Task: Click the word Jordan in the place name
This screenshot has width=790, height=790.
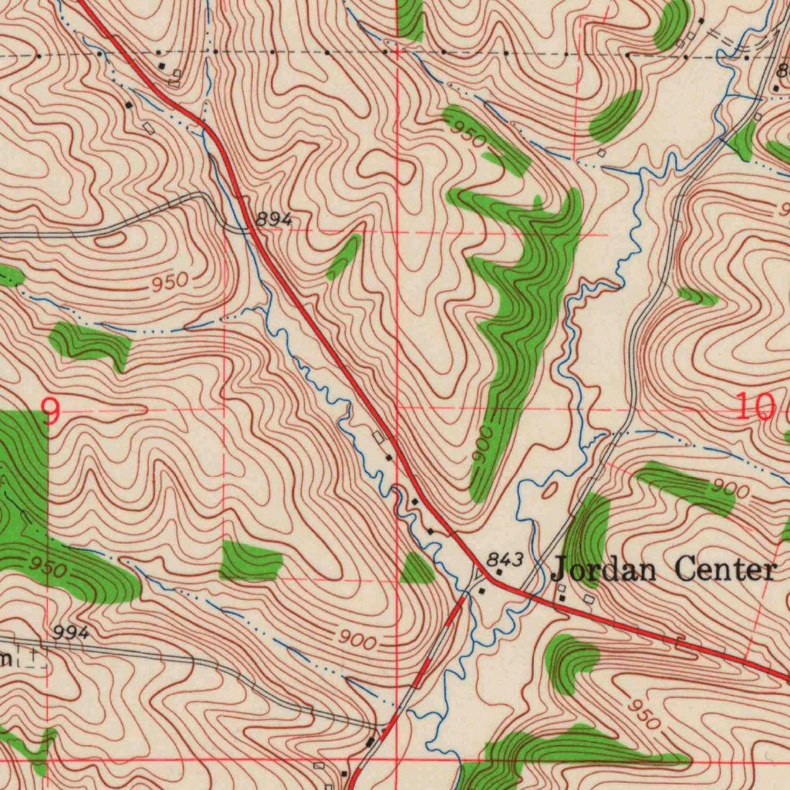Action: tap(604, 571)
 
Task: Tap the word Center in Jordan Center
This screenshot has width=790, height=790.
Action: tap(724, 570)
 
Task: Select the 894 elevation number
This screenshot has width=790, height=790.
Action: tap(274, 220)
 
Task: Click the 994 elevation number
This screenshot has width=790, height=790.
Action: tap(72, 633)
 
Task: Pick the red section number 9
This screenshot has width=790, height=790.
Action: tap(50, 412)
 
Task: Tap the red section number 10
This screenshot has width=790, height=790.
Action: tap(753, 407)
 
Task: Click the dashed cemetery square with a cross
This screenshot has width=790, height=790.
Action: tap(32, 657)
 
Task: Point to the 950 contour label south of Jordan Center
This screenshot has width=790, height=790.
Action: tap(642, 715)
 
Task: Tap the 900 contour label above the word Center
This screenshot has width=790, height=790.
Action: tap(730, 488)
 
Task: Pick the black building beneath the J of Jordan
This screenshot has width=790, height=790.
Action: tap(562, 599)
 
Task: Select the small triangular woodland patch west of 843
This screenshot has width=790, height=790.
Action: tap(417, 569)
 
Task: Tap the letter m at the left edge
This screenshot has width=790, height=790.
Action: tap(5, 658)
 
